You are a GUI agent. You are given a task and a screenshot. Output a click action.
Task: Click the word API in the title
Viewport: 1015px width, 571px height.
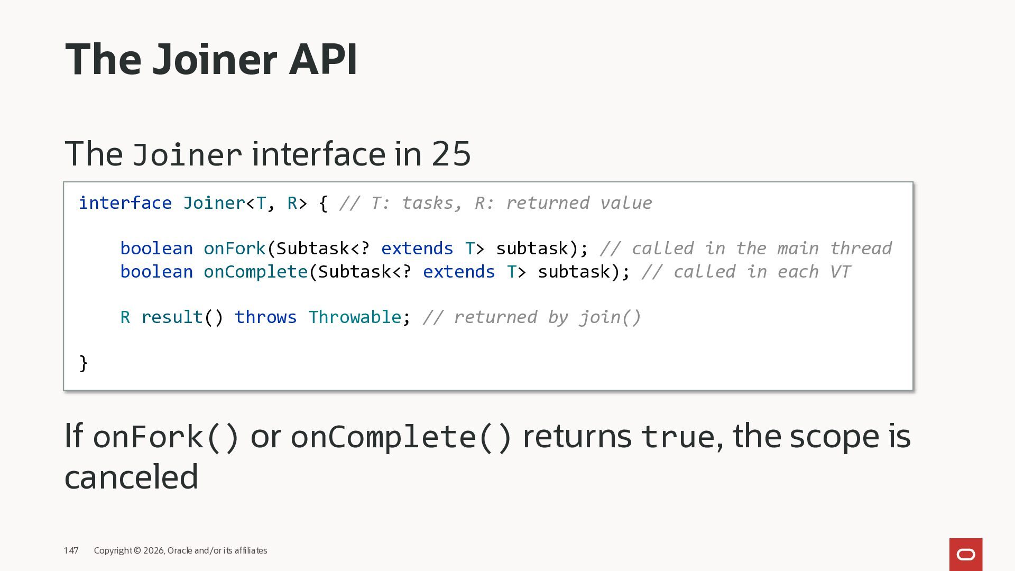coord(323,59)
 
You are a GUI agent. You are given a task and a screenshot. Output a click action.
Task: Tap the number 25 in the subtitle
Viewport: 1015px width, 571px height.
coord(451,154)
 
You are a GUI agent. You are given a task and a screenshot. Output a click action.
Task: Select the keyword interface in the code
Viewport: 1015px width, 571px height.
coord(125,203)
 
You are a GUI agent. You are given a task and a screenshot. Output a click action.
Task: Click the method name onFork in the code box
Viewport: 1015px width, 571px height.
coord(235,248)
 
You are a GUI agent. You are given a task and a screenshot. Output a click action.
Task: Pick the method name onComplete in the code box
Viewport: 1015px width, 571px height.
coord(255,272)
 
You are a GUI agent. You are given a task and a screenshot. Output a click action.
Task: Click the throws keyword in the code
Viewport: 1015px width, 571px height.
coord(265,317)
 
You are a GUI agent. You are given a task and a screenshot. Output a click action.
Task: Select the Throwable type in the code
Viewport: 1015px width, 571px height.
coord(355,317)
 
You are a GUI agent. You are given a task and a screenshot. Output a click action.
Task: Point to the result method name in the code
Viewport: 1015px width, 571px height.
coord(172,317)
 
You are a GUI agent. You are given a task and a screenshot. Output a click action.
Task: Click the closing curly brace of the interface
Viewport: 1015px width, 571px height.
coord(84,363)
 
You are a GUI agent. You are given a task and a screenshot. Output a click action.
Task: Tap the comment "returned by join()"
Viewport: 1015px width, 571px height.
coord(532,317)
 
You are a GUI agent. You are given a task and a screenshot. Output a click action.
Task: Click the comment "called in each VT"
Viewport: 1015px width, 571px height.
coord(746,272)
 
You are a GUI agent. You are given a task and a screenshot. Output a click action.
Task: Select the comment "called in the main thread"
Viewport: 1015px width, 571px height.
coord(746,248)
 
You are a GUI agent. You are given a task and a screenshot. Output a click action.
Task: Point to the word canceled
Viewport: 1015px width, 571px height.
coord(131,477)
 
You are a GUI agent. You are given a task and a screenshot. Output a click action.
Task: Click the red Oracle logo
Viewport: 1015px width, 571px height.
coord(965,555)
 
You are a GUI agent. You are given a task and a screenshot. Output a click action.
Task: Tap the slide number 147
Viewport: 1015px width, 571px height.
coord(71,551)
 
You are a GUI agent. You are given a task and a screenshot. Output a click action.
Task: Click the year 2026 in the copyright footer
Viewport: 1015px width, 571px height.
coord(154,551)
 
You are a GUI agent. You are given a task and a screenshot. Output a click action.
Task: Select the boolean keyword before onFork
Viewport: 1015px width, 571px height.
coord(156,248)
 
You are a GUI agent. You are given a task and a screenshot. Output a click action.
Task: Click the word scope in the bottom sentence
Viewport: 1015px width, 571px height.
coord(834,437)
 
